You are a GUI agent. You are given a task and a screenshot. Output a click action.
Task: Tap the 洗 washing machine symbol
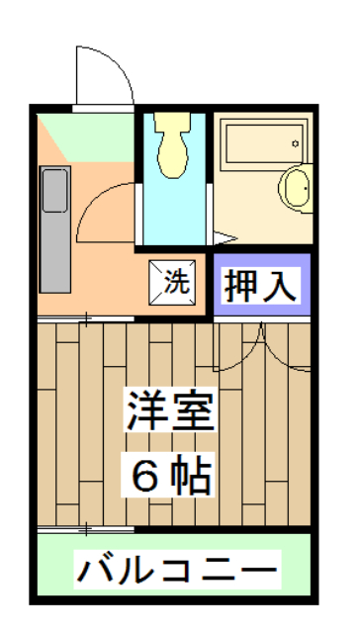pyautogui.click(x=175, y=281)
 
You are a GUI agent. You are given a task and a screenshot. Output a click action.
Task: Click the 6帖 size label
pyautogui.click(x=170, y=476)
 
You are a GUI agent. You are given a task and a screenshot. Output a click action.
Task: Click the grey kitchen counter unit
pyautogui.click(x=55, y=228)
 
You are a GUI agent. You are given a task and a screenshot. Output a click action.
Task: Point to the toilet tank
pyautogui.click(x=174, y=127)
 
